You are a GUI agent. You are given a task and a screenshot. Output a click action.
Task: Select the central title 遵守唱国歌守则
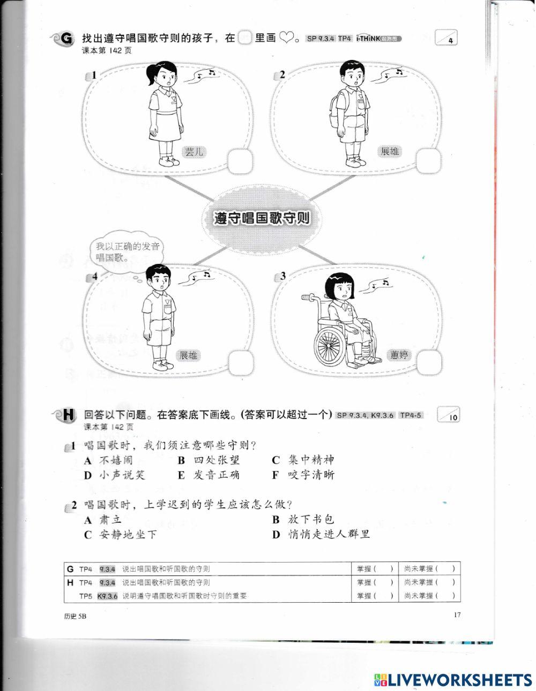[262, 219]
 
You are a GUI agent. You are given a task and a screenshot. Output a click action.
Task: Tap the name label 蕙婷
[399, 355]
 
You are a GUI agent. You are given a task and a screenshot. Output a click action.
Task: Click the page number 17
[457, 615]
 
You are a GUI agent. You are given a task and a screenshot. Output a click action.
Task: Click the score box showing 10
[449, 416]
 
